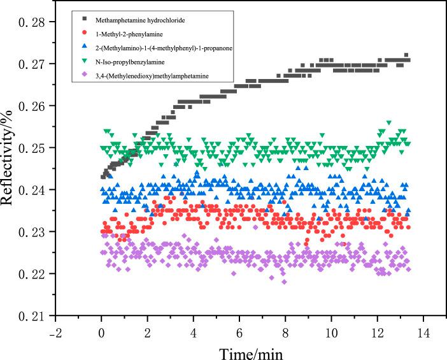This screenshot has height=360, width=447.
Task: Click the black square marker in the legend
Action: point(75,19)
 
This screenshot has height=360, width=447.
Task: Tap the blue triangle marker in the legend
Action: point(75,47)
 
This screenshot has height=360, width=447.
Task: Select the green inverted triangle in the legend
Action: point(75,62)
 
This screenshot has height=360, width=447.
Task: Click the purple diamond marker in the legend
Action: point(75,76)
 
